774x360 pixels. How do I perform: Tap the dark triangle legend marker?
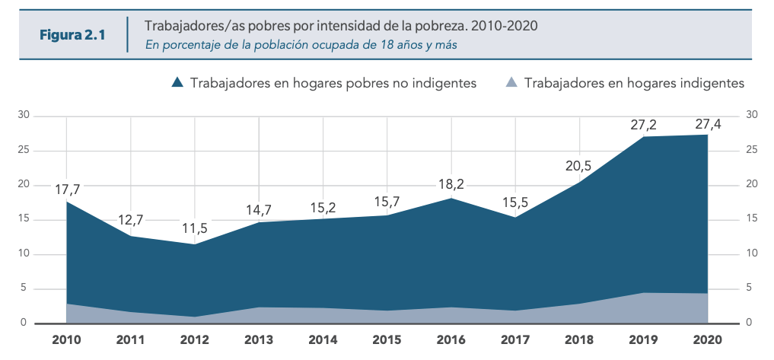pos(177,83)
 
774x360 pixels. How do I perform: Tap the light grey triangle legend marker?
pos(512,83)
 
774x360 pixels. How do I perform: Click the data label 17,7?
pos(68,190)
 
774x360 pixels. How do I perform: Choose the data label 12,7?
pos(131,221)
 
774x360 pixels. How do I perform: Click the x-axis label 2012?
pos(196,339)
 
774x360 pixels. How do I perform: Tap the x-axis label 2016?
pos(451,339)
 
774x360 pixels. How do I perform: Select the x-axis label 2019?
pos(643,339)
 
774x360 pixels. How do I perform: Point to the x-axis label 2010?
pos(68,339)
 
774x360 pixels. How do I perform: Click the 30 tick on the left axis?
pos(24,116)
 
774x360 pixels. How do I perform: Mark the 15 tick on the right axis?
pos(752,219)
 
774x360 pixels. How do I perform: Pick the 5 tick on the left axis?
pos(24,288)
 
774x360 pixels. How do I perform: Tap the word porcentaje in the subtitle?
pos(190,44)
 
